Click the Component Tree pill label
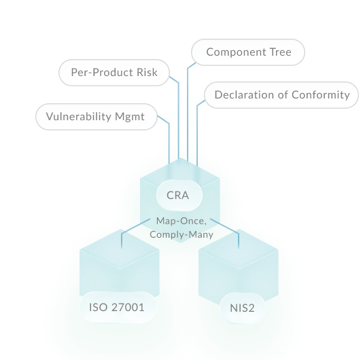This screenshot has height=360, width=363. click(248, 52)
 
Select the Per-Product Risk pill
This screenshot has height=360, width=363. click(114, 73)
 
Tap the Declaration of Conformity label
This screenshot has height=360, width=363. click(281, 95)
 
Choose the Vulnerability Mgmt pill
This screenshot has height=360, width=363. click(97, 117)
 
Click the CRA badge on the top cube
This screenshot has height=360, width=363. click(179, 195)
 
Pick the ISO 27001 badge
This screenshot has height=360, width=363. click(118, 307)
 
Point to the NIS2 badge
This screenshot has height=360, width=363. click(243, 308)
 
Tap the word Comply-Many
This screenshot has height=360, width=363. click(181, 235)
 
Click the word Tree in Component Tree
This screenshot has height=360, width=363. click(281, 52)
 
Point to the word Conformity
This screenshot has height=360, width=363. click(321, 95)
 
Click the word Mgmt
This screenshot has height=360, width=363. click(130, 117)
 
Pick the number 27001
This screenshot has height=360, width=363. click(128, 308)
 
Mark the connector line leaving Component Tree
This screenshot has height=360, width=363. click(188, 111)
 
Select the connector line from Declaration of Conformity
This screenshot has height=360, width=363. click(197, 132)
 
